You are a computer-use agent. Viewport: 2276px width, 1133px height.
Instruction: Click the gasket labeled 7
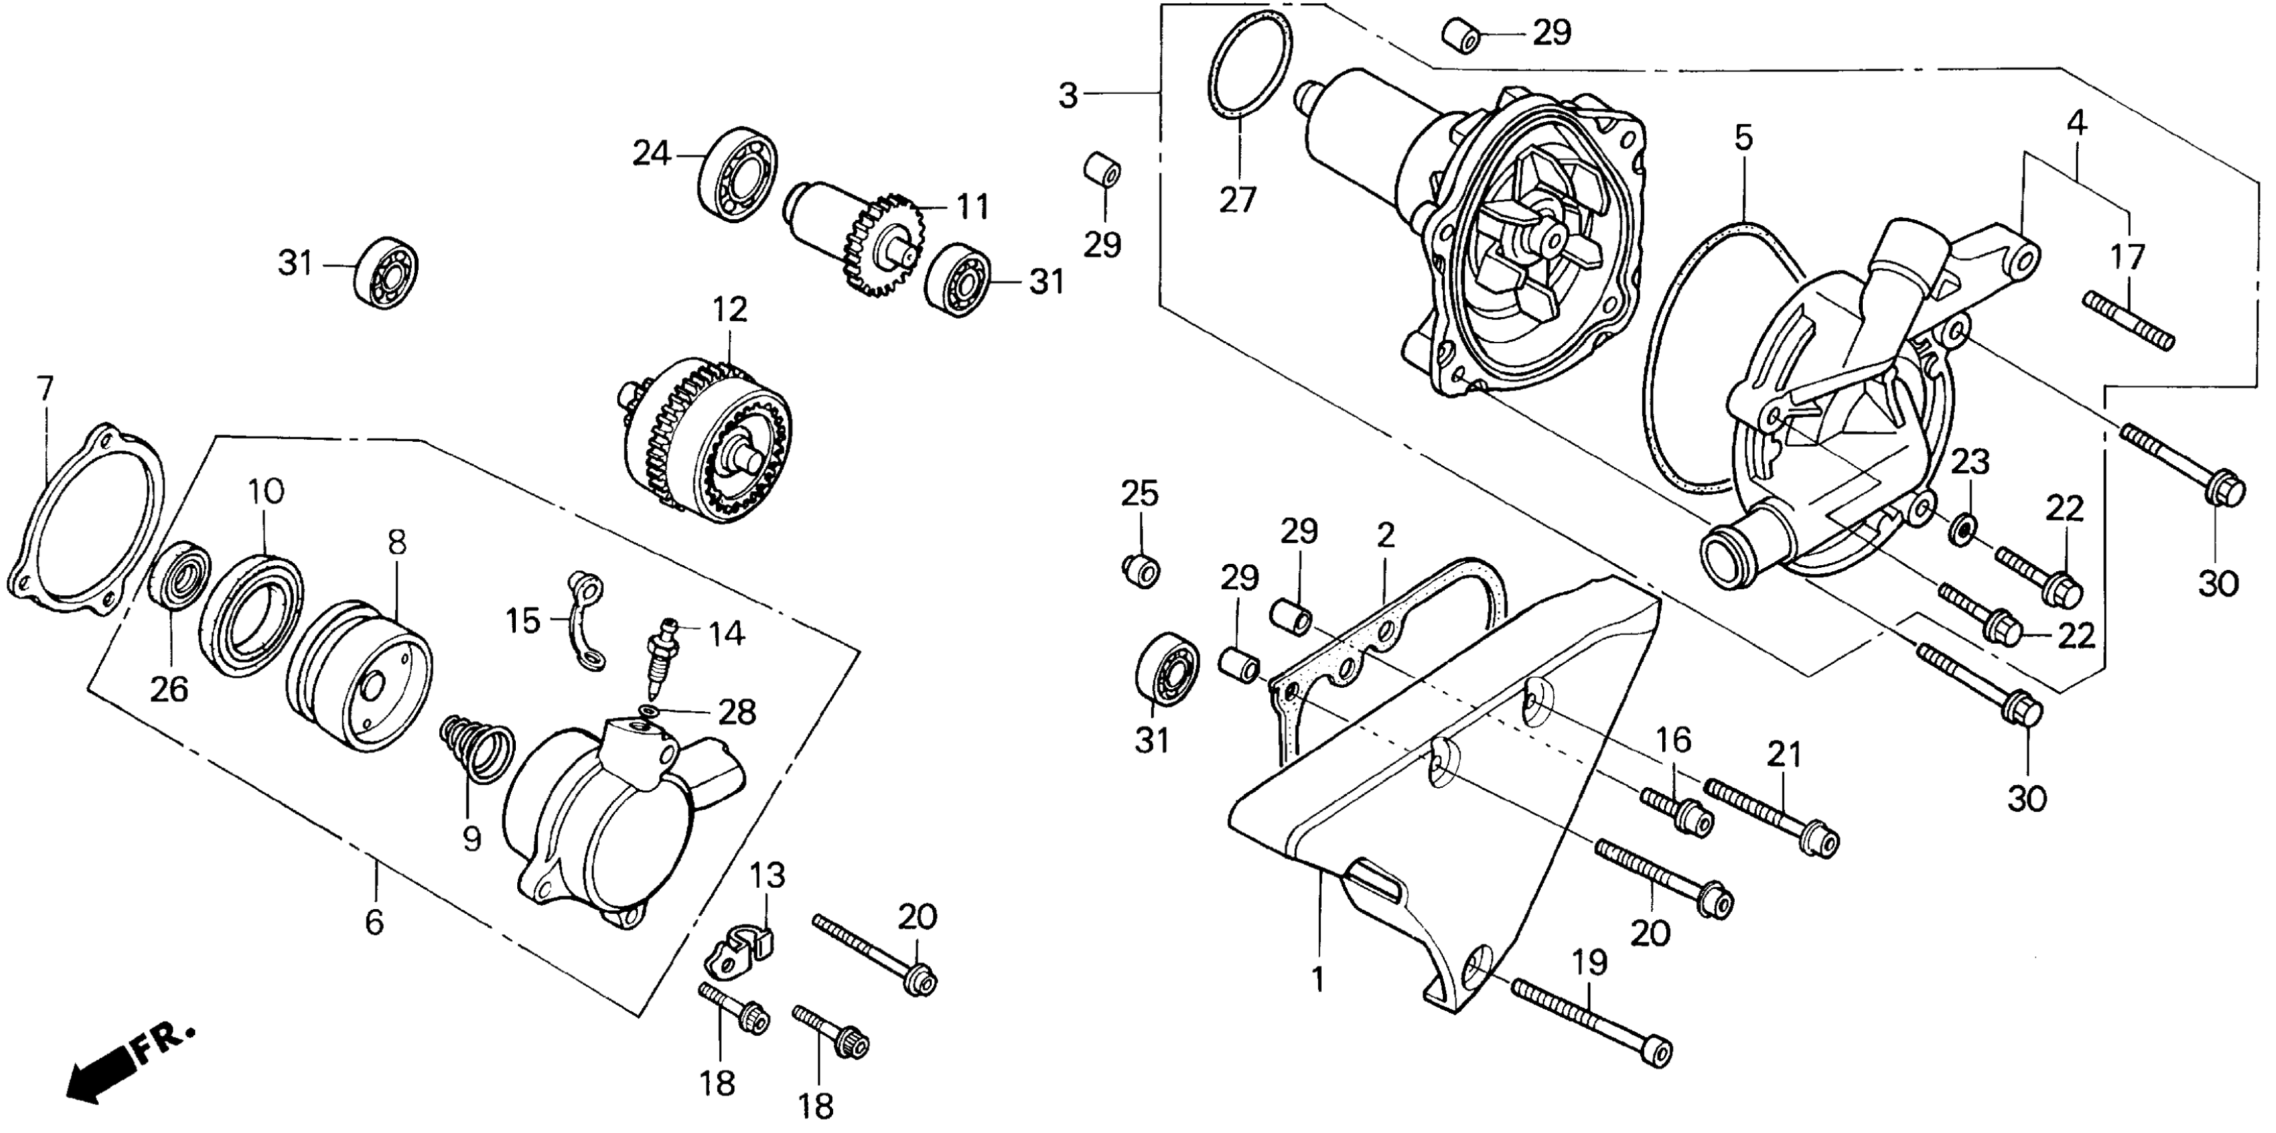[89, 517]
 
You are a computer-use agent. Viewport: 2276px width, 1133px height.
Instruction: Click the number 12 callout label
[730, 309]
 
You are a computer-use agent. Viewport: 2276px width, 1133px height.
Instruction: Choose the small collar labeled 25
[1140, 570]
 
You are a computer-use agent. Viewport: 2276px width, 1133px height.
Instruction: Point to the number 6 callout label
[375, 922]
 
